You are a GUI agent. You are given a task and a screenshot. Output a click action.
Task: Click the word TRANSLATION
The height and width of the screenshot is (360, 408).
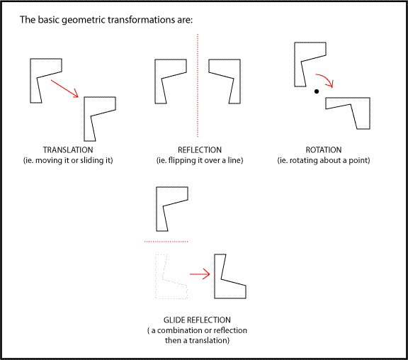pos(68,150)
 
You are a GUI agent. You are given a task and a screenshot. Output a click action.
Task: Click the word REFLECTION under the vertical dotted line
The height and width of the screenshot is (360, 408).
pos(200,150)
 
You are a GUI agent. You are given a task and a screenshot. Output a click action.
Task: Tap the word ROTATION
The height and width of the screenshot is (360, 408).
pos(324,150)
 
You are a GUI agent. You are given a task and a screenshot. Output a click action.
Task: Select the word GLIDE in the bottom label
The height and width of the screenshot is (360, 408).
pos(174,320)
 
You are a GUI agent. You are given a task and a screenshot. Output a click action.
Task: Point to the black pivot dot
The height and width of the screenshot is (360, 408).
pos(317,91)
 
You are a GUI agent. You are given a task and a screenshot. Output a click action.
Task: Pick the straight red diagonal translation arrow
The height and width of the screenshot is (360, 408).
pos(64,89)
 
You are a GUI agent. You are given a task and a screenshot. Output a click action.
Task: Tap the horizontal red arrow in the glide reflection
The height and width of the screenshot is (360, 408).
pos(200,274)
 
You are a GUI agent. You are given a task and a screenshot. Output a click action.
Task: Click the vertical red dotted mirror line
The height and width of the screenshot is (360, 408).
pos(198,85)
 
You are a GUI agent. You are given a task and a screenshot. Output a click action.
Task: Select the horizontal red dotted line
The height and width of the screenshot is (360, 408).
pos(166,242)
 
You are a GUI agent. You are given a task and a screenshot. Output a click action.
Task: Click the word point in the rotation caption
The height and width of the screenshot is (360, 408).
pos(359,160)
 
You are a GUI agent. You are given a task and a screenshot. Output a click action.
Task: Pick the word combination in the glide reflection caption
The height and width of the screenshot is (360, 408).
pos(180,330)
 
